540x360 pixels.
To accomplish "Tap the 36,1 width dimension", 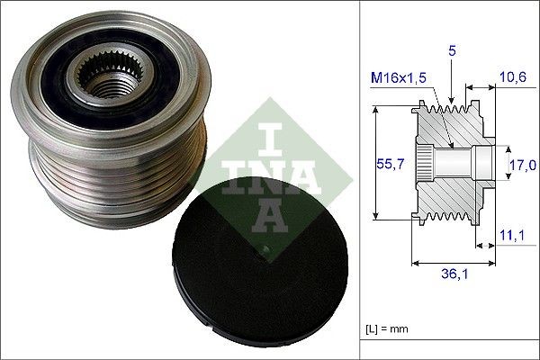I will pyautogui.click(x=448, y=275).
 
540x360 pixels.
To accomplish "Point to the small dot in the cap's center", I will pyautogui.click(x=265, y=244).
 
